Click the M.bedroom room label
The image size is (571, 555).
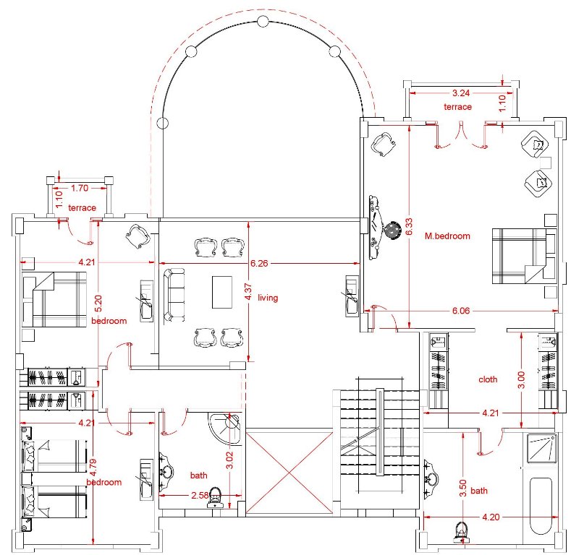click(447, 236)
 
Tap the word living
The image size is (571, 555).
click(268, 298)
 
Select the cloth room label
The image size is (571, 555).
click(488, 379)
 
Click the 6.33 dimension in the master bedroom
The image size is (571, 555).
click(409, 226)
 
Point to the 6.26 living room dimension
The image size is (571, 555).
click(259, 263)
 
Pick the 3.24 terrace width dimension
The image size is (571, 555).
click(461, 93)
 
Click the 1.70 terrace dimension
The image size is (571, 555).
click(80, 188)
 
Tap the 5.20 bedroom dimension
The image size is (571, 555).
click(98, 304)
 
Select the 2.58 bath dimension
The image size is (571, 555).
click(200, 495)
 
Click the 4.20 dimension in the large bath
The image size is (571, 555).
click(491, 517)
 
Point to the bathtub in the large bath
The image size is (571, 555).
click(541, 507)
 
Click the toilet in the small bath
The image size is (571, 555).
click(216, 498)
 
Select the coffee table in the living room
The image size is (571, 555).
click(222, 292)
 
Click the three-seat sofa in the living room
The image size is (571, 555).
click(174, 295)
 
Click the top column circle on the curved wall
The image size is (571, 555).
click(262, 22)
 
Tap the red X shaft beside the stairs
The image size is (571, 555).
click(289, 473)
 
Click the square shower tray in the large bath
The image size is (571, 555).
click(542, 449)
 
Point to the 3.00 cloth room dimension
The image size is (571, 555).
click(521, 379)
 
